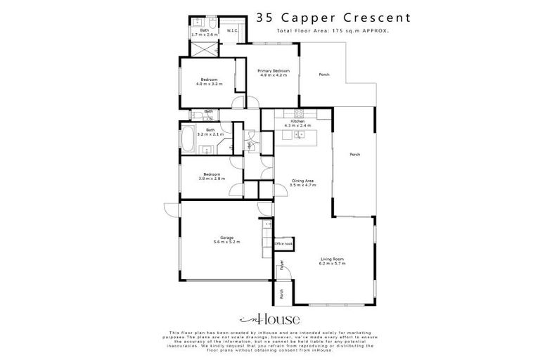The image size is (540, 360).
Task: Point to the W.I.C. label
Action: (x=231, y=31)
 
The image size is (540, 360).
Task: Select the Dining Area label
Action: (x=302, y=182)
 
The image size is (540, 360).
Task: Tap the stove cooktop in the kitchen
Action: (x=298, y=112)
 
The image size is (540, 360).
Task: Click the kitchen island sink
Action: (x=299, y=133)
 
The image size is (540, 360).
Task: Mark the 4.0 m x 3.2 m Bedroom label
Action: (x=210, y=81)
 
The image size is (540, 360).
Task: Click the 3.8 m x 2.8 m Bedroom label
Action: (x=212, y=175)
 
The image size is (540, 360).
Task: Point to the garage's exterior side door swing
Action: (x=171, y=209)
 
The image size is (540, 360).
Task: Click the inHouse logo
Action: (x=270, y=318)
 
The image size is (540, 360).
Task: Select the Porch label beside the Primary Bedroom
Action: (x=324, y=75)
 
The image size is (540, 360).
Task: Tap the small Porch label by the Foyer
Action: (x=281, y=295)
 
